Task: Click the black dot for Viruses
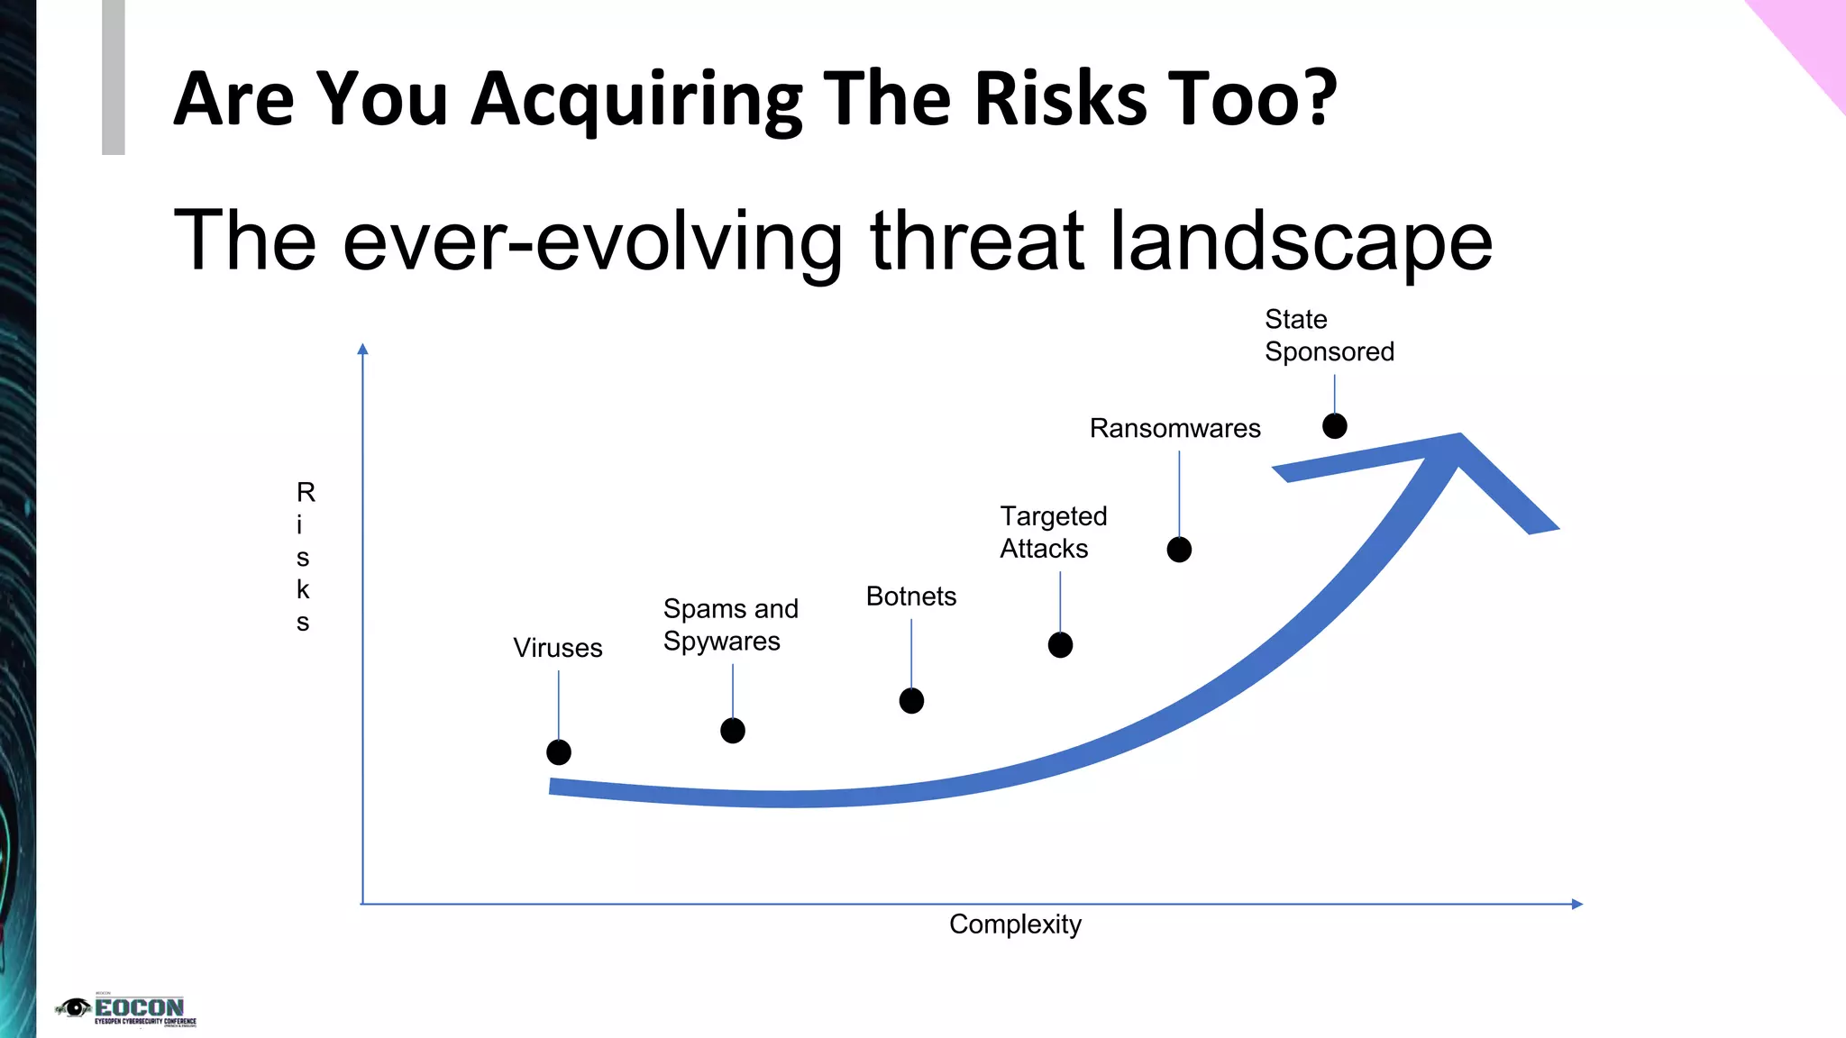click(559, 752)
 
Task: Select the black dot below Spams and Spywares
click(733, 731)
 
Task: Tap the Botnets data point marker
click(911, 701)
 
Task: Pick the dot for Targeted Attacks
click(1060, 645)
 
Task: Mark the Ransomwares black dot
click(1179, 550)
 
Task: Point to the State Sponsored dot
click(1335, 426)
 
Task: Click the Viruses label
click(557, 648)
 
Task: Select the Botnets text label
click(910, 596)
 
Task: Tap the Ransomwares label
click(1174, 428)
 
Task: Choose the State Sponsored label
click(1329, 335)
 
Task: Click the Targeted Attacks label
click(1053, 533)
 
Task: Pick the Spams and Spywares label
click(730, 624)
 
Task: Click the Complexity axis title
click(1015, 924)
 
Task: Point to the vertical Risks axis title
click(304, 557)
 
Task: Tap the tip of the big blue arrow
click(1458, 437)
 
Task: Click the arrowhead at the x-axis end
click(1576, 904)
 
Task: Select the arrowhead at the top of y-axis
click(362, 350)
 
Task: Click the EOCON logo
click(126, 1010)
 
